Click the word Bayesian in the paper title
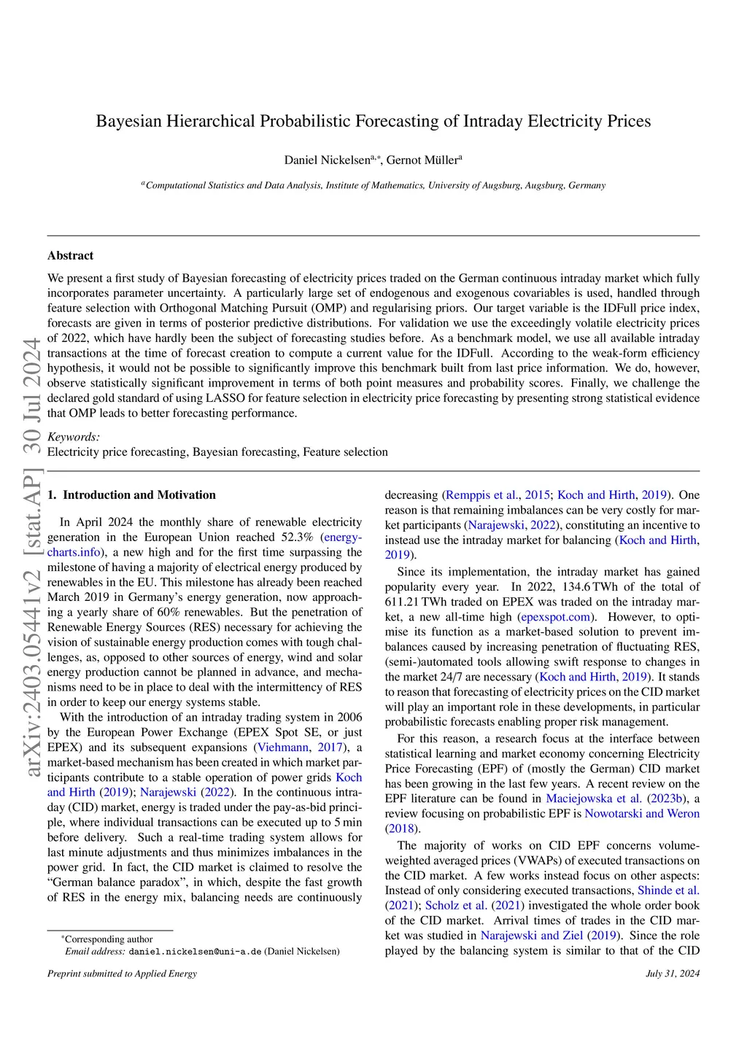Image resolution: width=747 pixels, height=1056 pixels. coord(128,121)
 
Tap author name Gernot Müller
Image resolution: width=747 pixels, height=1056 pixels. coord(422,160)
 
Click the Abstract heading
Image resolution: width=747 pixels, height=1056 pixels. coord(71,255)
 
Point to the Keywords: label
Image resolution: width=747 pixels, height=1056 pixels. coord(74,437)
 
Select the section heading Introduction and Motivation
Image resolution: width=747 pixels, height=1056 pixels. coord(139,494)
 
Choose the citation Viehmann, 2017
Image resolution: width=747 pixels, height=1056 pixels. coord(300,748)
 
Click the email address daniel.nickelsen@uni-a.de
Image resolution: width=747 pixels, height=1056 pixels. coord(195,952)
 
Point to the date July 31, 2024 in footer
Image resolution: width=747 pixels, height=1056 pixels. coord(672,974)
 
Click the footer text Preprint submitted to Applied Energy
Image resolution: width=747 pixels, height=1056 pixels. coord(122,974)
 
